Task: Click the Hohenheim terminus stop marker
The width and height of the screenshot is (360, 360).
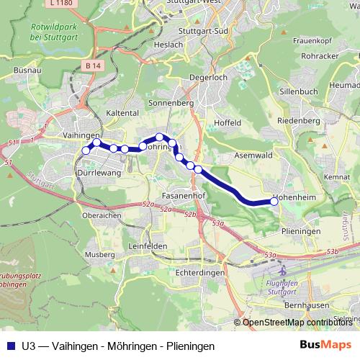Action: (274, 202)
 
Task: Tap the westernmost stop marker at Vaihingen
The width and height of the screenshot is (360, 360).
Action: (86, 150)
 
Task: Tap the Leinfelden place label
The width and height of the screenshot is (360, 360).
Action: (148, 246)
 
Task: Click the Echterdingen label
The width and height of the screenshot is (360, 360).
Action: (201, 273)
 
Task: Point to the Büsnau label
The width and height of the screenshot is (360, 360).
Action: (27, 71)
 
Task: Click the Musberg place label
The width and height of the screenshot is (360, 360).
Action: (100, 255)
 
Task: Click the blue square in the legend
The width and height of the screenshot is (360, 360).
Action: (9, 345)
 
